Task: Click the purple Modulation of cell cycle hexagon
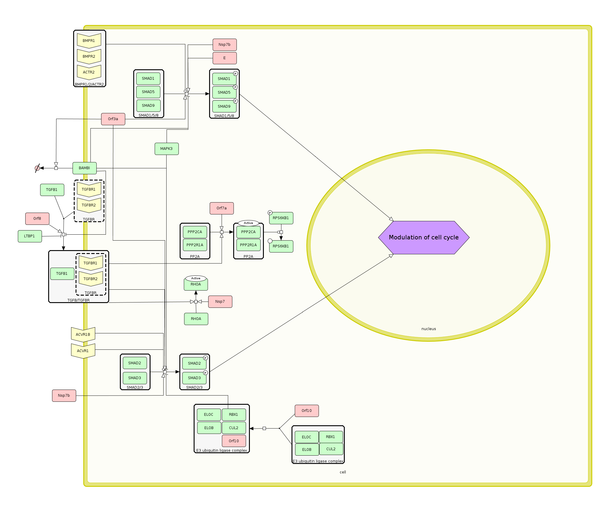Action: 424,237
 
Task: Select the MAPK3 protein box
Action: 167,149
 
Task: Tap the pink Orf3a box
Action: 113,119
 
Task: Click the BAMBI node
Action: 84,168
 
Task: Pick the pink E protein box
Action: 225,58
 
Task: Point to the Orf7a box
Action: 222,208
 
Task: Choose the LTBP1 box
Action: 30,236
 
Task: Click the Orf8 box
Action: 37,219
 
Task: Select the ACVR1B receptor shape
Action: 83,335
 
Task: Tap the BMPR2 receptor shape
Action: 89,57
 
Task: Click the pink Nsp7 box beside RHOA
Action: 220,302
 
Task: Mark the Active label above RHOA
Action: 196,278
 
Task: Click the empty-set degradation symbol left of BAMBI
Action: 37,168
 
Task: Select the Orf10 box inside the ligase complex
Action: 234,441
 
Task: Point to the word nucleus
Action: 429,329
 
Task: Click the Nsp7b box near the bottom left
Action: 64,396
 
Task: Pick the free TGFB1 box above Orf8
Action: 52,190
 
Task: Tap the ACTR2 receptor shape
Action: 89,72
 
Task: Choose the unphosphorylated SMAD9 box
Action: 148,106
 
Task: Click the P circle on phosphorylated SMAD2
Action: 205,358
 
